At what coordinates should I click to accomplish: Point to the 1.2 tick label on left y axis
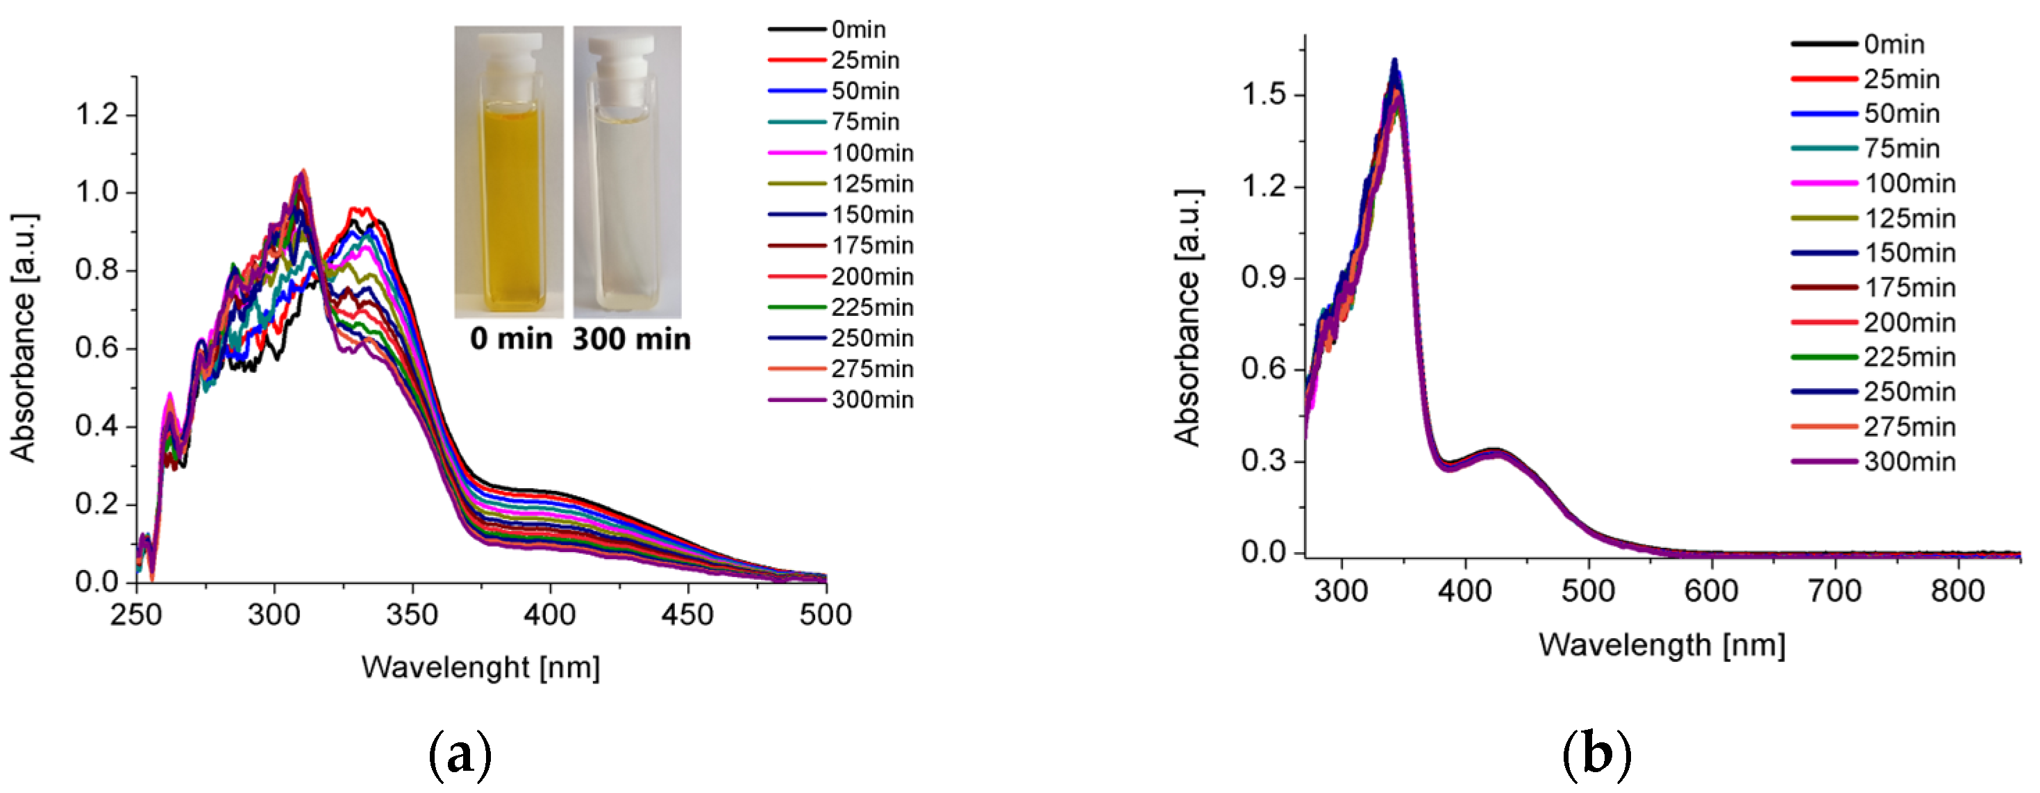[x=96, y=115]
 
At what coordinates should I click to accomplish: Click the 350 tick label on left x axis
[x=412, y=615]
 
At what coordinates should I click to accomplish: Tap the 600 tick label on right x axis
[x=1712, y=591]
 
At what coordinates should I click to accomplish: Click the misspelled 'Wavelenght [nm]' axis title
[x=480, y=667]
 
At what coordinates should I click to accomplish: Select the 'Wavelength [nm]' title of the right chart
[x=1662, y=645]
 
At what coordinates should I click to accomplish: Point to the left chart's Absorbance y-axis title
[x=24, y=337]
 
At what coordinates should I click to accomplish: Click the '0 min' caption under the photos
[x=511, y=339]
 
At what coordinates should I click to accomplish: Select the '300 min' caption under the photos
[x=631, y=339]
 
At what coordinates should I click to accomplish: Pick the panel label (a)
[x=460, y=755]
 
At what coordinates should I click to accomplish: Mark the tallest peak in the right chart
[x=1394, y=62]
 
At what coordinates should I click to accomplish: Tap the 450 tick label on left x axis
[x=687, y=615]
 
